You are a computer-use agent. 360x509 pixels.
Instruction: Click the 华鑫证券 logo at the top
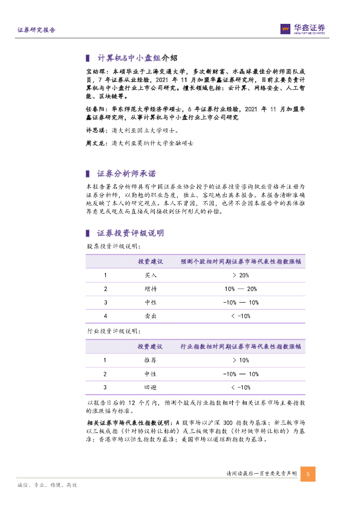[x=303, y=29]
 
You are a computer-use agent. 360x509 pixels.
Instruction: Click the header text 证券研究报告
[x=36, y=30]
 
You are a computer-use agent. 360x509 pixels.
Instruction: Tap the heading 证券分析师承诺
[x=126, y=174]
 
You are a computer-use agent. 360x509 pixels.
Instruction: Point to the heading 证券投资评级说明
[x=130, y=233]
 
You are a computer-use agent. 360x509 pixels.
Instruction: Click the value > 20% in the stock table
[x=241, y=275]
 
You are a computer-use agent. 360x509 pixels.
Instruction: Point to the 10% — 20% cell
[x=241, y=289]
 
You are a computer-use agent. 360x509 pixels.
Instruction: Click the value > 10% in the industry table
[x=241, y=360]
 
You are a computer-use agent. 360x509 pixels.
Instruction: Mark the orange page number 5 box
[x=308, y=474]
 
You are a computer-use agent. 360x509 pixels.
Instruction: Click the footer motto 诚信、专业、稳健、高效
[x=47, y=485]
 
